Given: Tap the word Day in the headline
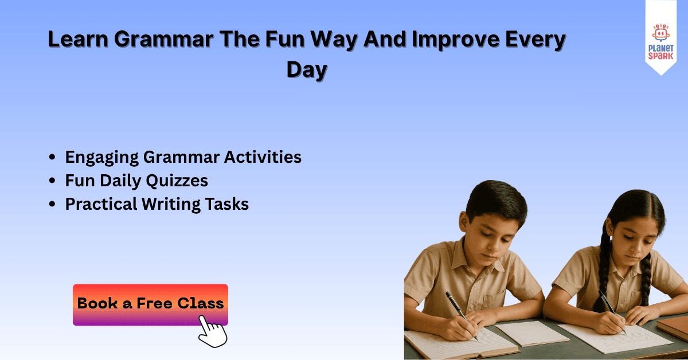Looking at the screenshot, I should click(x=307, y=69).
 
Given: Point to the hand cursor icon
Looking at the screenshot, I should click(x=212, y=332).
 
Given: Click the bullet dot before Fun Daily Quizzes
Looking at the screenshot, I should click(x=53, y=181).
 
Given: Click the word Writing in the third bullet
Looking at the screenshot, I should click(x=172, y=204).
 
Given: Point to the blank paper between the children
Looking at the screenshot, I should click(x=524, y=333).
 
